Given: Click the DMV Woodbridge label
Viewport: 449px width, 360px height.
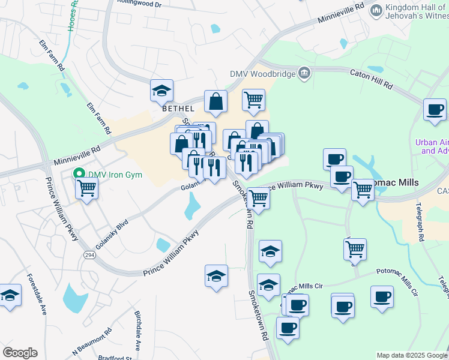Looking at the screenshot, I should pyautogui.click(x=264, y=74).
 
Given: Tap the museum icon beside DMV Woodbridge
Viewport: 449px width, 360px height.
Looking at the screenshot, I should pyautogui.click(x=304, y=73).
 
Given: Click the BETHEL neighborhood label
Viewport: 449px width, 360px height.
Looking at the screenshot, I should pyautogui.click(x=178, y=109).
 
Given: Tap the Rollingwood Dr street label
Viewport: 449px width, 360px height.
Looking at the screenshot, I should pyautogui.click(x=142, y=4).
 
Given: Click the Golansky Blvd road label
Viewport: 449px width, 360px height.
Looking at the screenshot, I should pyautogui.click(x=112, y=238).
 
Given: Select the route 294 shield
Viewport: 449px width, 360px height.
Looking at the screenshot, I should pyautogui.click(x=89, y=255).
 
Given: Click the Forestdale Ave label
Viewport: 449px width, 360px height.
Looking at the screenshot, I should pyautogui.click(x=36, y=295).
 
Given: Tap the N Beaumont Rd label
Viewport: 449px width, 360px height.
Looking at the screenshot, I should pyautogui.click(x=92, y=340).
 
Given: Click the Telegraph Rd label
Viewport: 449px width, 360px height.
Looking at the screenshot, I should pyautogui.click(x=420, y=221).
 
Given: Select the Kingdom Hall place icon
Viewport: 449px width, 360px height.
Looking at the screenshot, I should pyautogui.click(x=377, y=10).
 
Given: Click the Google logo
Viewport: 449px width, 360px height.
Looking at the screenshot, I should pyautogui.click(x=20, y=353).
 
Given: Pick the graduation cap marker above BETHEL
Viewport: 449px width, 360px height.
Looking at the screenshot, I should pyautogui.click(x=161, y=91).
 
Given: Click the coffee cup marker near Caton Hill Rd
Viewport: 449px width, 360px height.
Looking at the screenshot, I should pyautogui.click(x=435, y=110).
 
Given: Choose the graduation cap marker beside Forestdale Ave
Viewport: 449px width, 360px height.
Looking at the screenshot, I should pyautogui.click(x=10, y=295).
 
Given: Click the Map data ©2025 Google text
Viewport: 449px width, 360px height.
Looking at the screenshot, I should pyautogui.click(x=412, y=355).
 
